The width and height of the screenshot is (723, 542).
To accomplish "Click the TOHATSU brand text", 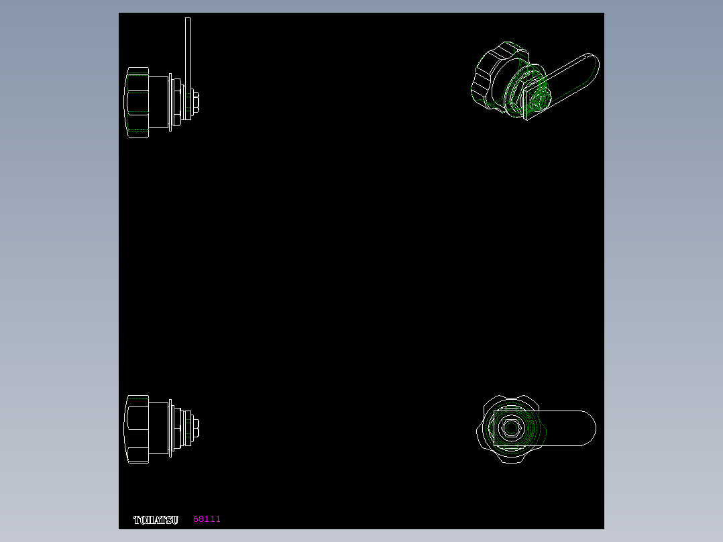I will pyautogui.click(x=156, y=520).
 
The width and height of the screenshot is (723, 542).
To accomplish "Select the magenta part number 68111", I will pyautogui.click(x=207, y=519).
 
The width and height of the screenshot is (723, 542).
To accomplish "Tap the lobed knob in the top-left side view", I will pyautogui.click(x=137, y=103).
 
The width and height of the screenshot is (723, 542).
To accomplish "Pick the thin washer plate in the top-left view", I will pyautogui.click(x=170, y=102).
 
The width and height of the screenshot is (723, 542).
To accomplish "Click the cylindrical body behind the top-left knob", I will pyautogui.click(x=158, y=102).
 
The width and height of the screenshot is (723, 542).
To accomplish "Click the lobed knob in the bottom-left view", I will pyautogui.click(x=137, y=429).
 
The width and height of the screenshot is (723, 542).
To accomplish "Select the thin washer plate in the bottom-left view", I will pyautogui.click(x=170, y=428).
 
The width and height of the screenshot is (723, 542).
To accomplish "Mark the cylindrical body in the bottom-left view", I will pyautogui.click(x=158, y=428).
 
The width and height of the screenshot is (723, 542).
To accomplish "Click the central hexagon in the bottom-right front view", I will pyautogui.click(x=511, y=428).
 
